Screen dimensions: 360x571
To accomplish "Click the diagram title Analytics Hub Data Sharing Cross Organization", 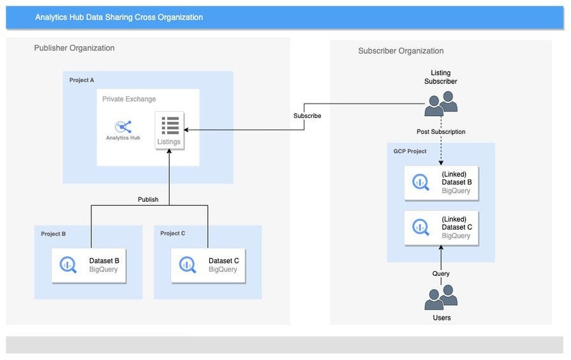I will pos(119,17).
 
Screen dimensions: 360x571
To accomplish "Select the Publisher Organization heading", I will pos(74,48).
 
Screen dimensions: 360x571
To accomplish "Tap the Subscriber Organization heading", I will pos(401,51).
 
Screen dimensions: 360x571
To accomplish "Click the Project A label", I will pos(82,80).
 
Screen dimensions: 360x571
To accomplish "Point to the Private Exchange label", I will pos(129,99).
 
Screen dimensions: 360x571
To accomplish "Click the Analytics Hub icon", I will pos(123,126).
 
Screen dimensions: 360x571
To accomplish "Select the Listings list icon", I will pos(170,125).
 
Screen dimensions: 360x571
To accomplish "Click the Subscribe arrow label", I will pos(307,116).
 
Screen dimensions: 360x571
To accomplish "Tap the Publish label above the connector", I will pos(148,199).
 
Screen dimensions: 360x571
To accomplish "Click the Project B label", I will pos(53,234).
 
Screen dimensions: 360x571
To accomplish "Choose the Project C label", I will pos(173,234).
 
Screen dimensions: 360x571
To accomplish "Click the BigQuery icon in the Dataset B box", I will pos(68,264).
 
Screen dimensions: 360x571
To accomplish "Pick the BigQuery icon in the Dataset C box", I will pos(188,264).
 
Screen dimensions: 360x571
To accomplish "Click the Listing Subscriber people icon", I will pos(441,103).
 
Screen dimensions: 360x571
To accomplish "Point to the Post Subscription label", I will pos(441,131).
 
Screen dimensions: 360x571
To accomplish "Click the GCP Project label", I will pos(410,151).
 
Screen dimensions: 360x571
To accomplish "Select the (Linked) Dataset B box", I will pos(441,182).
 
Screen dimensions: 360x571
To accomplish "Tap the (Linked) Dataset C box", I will pos(441,227).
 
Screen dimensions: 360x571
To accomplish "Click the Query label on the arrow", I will pos(441,273).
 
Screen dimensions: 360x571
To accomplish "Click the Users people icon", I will pos(441,297).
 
